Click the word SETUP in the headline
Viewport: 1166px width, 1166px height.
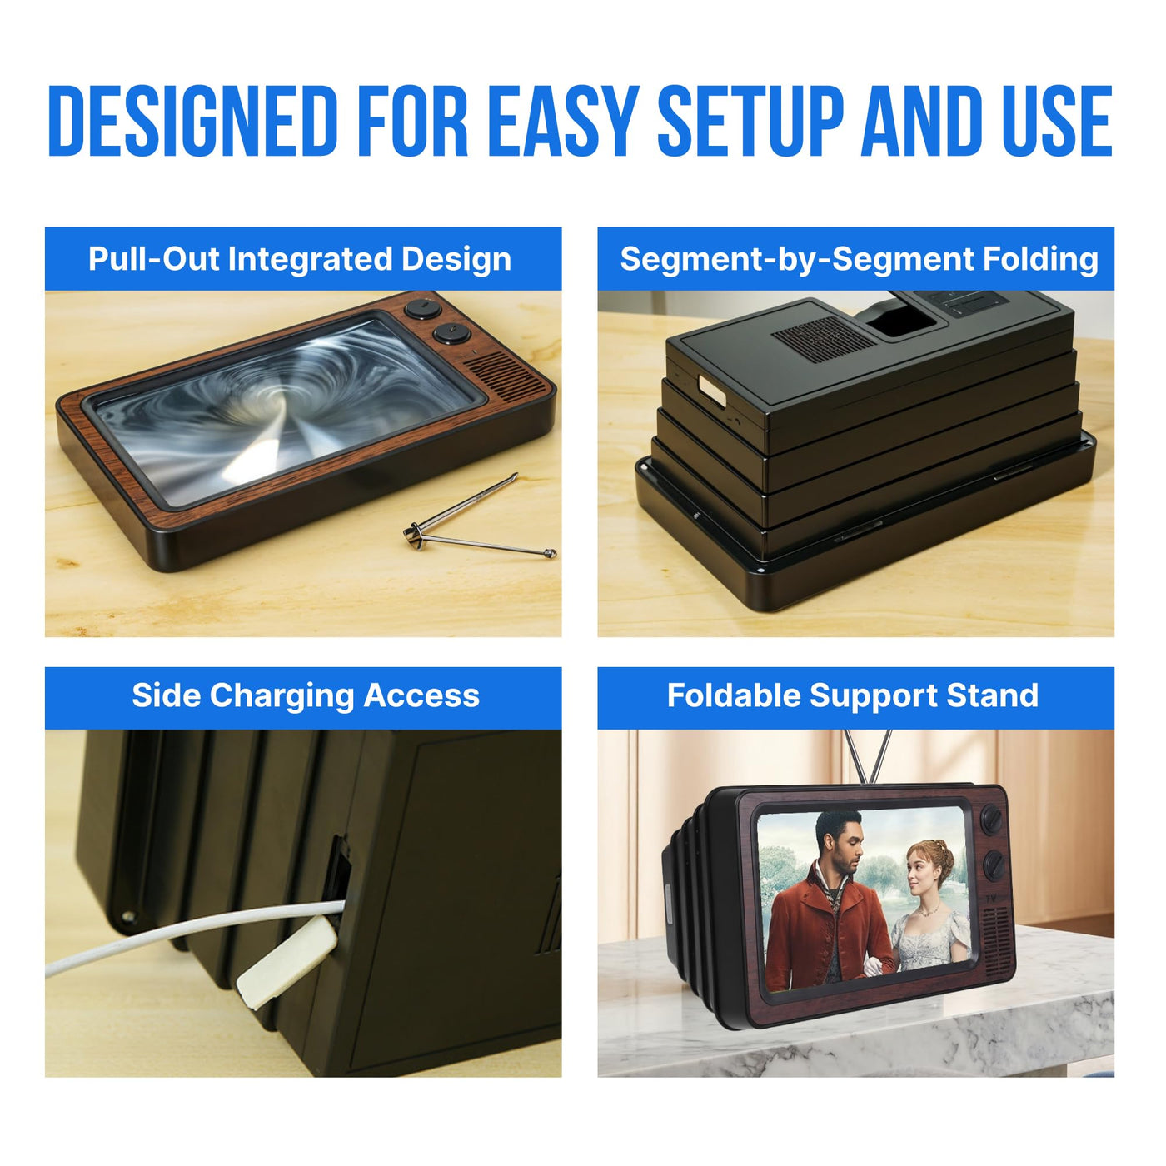tap(750, 121)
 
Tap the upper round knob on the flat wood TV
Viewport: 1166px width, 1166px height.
tap(423, 309)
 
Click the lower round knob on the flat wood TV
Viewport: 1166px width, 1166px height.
tap(452, 333)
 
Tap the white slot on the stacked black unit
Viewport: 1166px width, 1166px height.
tap(712, 391)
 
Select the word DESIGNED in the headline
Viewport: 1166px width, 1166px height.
tap(192, 121)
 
